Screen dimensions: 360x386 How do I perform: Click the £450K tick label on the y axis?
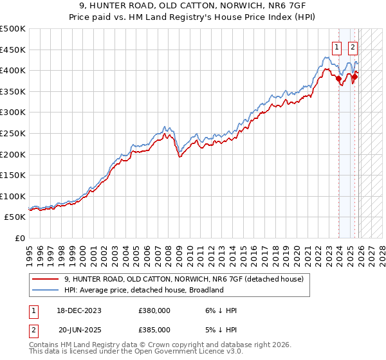13,50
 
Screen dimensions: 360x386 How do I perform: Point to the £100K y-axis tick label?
13,196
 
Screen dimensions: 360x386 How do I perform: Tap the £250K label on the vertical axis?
13,133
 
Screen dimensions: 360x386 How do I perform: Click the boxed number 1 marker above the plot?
336,46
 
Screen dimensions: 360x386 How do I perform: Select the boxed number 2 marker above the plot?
353,46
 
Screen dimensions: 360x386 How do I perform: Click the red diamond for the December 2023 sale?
338,79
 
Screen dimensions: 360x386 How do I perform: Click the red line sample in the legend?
46,279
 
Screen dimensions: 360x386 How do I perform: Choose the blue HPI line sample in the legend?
46,290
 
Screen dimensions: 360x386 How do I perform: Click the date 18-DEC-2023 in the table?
79,310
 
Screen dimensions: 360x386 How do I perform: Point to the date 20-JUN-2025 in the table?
79,329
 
